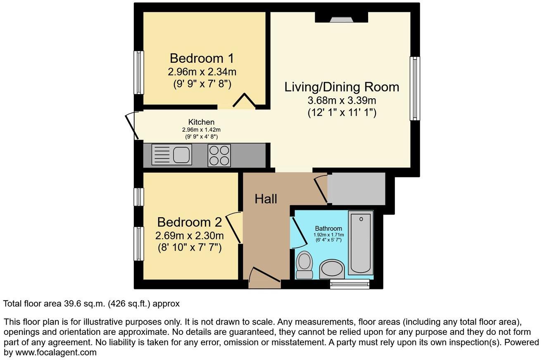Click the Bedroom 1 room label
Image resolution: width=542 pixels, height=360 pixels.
tap(202, 58)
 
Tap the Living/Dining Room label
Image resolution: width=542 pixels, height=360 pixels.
tap(342, 87)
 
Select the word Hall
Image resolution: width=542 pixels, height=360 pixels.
tap(266, 199)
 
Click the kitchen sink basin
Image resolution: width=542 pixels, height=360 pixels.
tap(181, 155)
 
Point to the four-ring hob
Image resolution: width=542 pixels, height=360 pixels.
tap(219, 156)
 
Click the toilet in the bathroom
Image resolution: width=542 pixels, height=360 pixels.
tap(304, 265)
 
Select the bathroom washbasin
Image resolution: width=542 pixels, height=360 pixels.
tap(332, 269)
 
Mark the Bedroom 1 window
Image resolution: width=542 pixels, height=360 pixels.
tap(139, 73)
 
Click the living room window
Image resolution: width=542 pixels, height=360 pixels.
tap(415, 88)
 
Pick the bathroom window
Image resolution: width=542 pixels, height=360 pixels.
tap(350, 284)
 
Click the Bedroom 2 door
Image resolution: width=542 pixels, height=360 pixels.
tap(234, 227)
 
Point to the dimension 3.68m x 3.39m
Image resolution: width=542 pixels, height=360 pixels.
tap(342, 100)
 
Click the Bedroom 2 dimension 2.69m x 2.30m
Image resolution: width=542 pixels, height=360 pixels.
tap(190, 235)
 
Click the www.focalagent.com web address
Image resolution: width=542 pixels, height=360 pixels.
tap(56, 353)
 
